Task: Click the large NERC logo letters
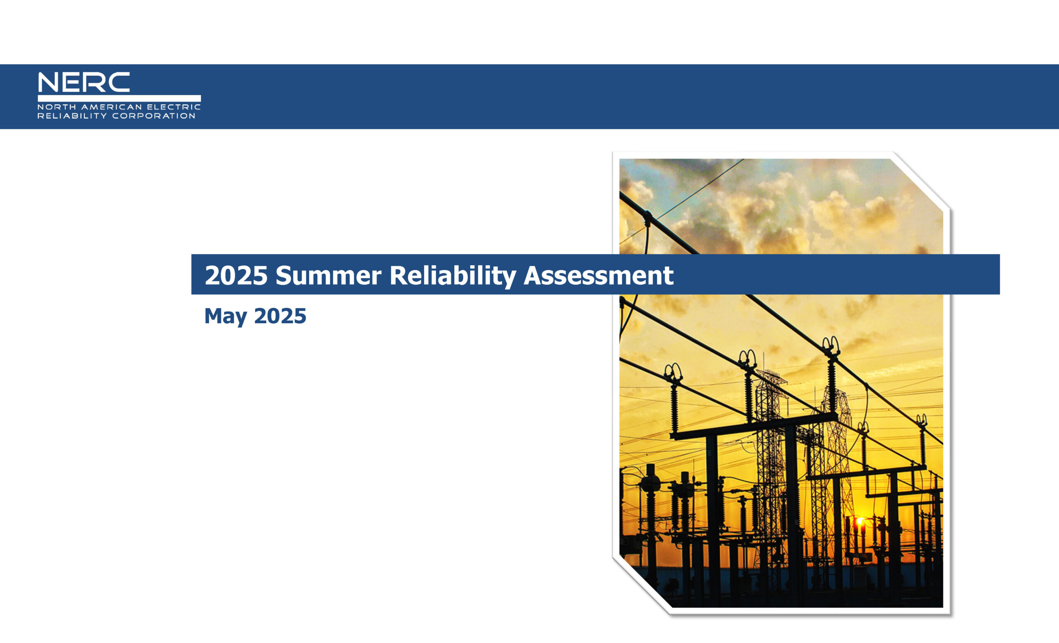84,82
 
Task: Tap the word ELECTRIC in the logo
174,107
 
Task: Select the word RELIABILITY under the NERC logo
72,115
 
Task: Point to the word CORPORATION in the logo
154,115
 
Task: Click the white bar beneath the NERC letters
119,98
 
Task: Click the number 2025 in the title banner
236,276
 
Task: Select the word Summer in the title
328,276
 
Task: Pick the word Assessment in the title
599,276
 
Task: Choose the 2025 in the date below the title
280,317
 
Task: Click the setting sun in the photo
860,522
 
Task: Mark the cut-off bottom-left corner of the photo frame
642,585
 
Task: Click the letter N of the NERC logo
48,82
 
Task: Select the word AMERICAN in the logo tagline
112,107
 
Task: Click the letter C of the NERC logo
119,82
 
